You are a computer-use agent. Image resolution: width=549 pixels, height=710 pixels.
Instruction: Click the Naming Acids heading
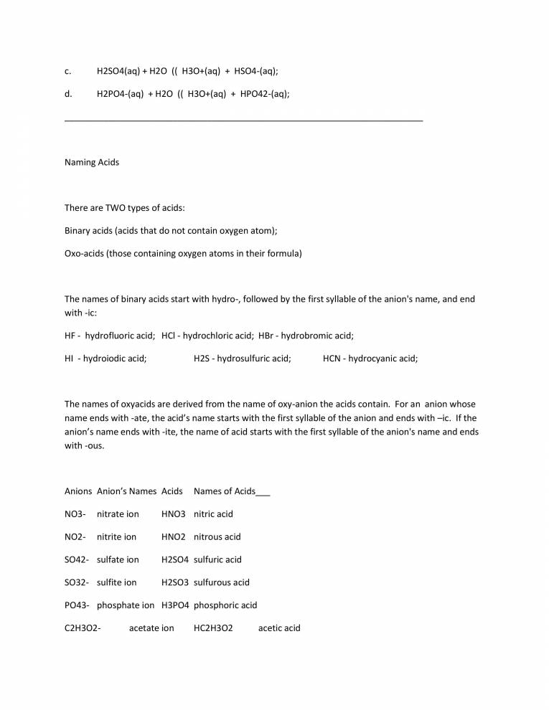[x=92, y=162]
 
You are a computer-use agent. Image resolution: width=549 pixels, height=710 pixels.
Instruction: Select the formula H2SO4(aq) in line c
[x=118, y=71]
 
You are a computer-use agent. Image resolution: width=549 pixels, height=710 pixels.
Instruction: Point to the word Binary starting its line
[x=78, y=231]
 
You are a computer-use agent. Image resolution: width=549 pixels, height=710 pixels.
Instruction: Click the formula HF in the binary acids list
[x=70, y=335]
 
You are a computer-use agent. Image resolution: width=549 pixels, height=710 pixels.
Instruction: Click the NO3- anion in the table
[x=75, y=514]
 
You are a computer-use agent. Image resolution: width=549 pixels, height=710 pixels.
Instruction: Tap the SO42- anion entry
[x=77, y=560]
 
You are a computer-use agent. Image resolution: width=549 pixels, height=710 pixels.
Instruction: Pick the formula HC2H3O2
[x=213, y=629]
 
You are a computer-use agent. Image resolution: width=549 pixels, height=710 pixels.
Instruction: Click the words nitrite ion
[x=116, y=537]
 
